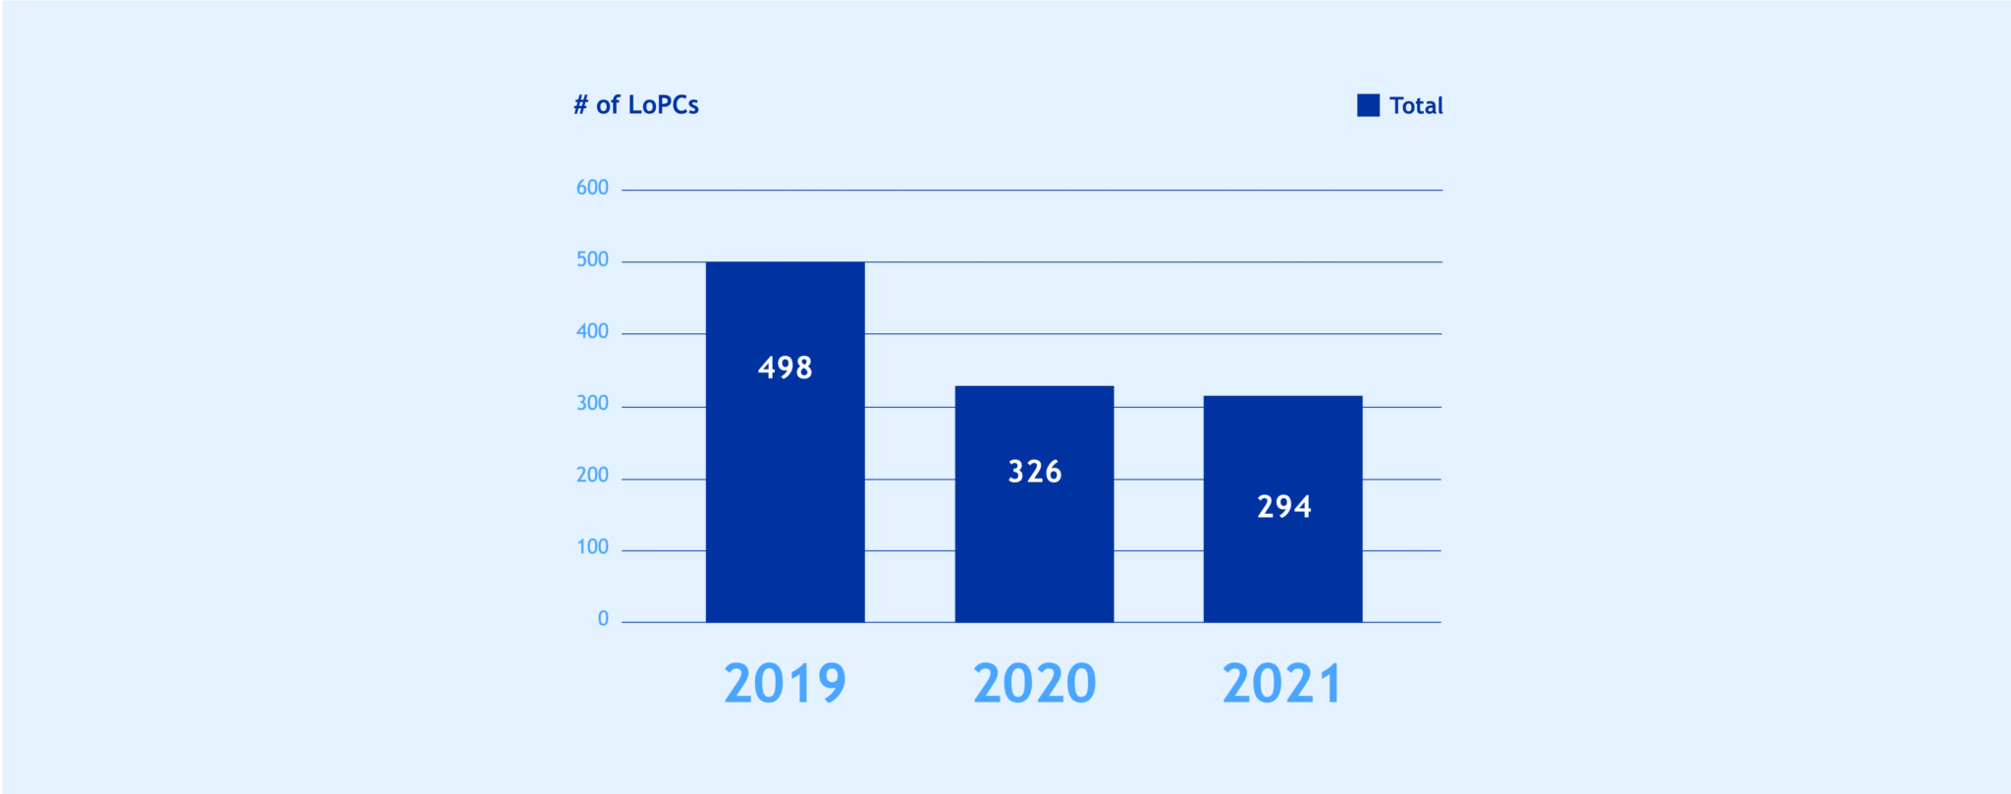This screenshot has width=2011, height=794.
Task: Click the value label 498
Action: point(785,368)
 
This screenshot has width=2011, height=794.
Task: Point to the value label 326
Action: point(1035,472)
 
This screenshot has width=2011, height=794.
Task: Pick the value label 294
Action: point(1283,507)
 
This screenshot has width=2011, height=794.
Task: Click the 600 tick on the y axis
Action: point(592,188)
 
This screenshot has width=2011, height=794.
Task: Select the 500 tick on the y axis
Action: point(592,259)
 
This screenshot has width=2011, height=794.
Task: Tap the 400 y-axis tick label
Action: point(592,331)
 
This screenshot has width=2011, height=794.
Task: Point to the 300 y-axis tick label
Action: point(592,403)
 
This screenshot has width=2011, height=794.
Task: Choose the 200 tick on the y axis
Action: point(592,475)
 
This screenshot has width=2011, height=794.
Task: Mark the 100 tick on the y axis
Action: point(592,546)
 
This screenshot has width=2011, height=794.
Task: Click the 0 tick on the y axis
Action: point(603,618)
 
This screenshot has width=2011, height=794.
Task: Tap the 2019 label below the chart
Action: point(785,683)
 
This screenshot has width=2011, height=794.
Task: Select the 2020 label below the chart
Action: point(1034,683)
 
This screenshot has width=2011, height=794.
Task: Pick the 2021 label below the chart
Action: point(1282,683)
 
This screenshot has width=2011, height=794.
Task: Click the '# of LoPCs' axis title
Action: point(636,105)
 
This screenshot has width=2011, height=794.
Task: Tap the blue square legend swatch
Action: point(1368,105)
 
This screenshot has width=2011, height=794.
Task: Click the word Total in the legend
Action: point(1416,105)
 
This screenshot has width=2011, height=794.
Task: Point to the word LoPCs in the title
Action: point(663,105)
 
